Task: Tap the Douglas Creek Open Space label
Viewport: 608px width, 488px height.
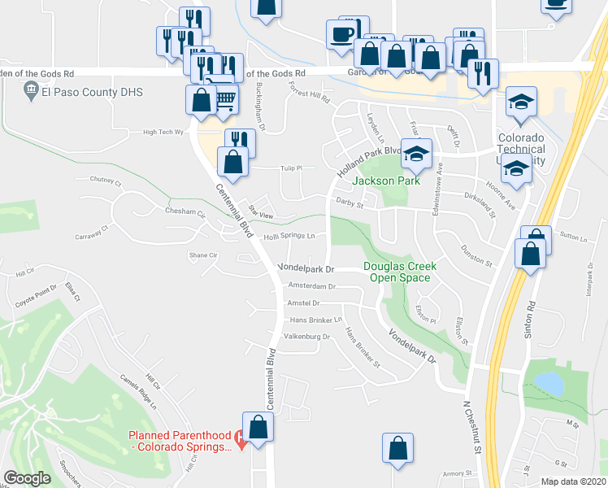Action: [399, 272]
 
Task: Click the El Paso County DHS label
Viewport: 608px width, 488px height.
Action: [92, 93]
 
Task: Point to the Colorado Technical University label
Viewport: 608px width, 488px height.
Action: [521, 149]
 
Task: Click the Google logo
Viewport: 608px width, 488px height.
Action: [27, 478]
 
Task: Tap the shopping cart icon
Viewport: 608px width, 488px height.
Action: [226, 99]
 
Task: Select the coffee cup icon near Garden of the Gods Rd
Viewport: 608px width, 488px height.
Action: [342, 34]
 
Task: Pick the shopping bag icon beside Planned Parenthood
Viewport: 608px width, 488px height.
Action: [258, 428]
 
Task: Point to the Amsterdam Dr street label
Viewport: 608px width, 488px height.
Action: [311, 286]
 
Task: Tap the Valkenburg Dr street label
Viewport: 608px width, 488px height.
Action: [306, 337]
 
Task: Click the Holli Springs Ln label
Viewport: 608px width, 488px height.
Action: [289, 237]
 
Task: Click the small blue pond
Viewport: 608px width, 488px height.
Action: [547, 382]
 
